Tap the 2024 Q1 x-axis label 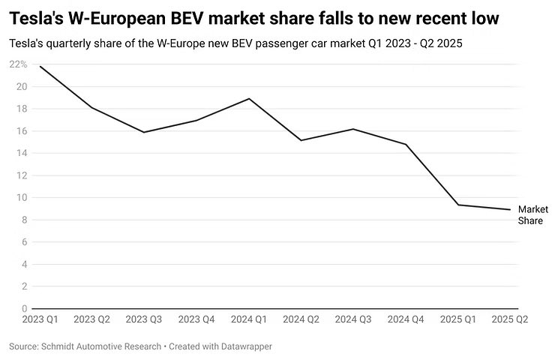[x=248, y=319]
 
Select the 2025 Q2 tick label [x=510, y=319]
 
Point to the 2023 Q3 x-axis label [x=144, y=319]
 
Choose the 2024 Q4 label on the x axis [x=406, y=319]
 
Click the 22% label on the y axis [x=19, y=64]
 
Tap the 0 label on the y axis [x=24, y=308]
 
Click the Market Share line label [x=533, y=214]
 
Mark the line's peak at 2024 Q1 [x=249, y=99]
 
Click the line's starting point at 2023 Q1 [x=40, y=67]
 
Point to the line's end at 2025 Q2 [x=510, y=209]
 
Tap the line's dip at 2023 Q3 [x=144, y=132]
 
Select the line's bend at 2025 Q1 [x=458, y=205]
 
